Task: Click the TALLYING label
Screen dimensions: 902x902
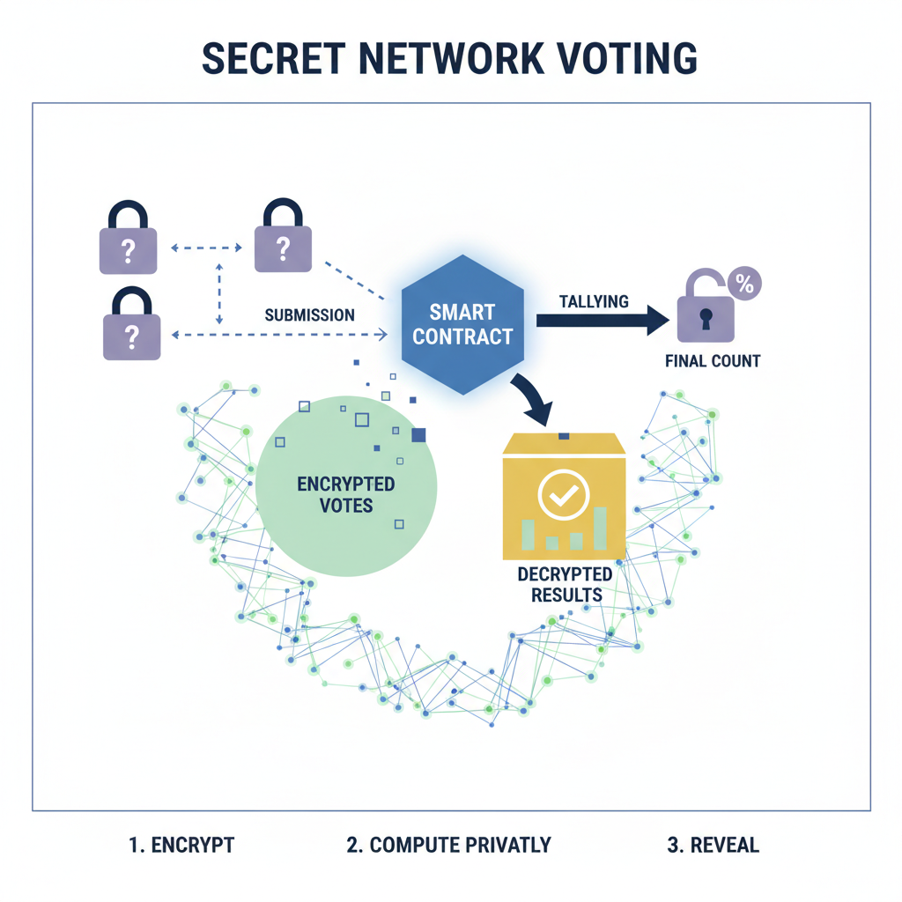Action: (594, 301)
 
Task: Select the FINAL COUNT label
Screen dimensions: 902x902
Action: (713, 360)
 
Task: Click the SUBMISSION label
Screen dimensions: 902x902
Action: (309, 314)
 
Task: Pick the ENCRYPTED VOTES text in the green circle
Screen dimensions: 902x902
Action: (345, 495)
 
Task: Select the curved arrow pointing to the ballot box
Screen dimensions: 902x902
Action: (532, 395)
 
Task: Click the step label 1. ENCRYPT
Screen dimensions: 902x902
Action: (181, 845)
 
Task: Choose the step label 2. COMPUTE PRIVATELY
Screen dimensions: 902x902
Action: (448, 845)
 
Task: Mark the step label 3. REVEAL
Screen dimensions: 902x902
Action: (713, 845)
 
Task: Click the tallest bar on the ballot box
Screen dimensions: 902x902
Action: (600, 528)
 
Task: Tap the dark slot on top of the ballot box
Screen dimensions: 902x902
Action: (564, 436)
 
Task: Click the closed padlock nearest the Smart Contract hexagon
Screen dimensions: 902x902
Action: (282, 236)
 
